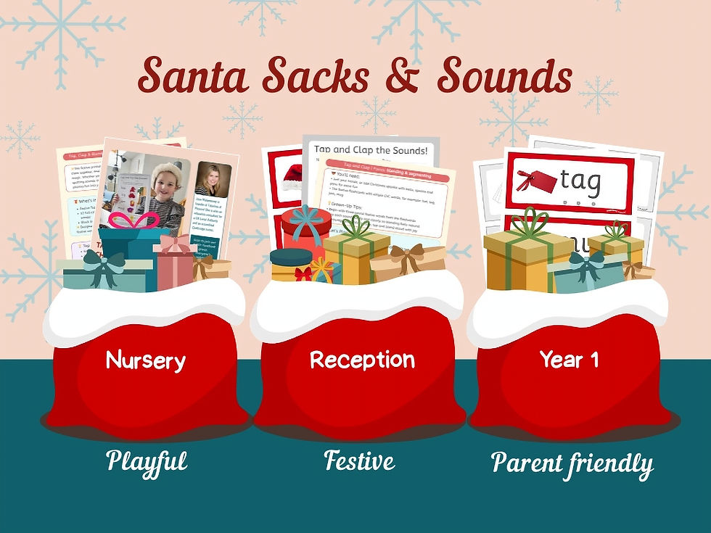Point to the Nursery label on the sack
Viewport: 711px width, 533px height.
tap(145, 360)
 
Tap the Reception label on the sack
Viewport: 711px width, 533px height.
tap(362, 360)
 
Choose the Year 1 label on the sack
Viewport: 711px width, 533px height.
tap(569, 359)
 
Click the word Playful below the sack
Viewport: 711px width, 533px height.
tap(147, 460)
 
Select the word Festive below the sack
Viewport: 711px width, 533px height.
tap(359, 460)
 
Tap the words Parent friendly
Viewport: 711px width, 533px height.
tap(572, 463)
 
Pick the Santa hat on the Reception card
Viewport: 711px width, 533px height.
tap(293, 177)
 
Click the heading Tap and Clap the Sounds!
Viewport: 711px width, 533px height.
tap(370, 150)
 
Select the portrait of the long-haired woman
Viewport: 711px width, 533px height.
tap(213, 186)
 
